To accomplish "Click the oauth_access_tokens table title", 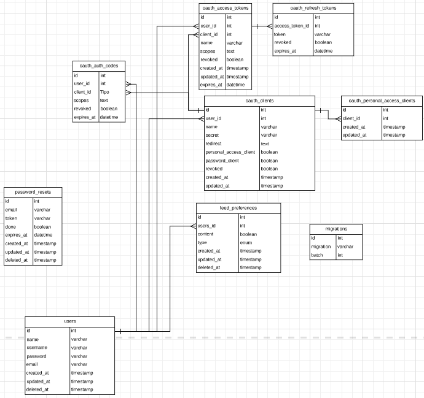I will tap(225, 8).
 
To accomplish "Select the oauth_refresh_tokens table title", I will tap(313, 8).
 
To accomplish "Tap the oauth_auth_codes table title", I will tap(99, 66).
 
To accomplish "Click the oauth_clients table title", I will tap(259, 101).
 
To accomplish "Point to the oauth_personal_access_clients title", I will tap(382, 101).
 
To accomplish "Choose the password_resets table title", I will tap(33, 192).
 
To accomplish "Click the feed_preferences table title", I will tap(238, 208).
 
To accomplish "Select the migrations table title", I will tap(336, 229).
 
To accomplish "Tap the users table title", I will tap(70, 321).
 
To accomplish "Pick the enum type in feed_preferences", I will tap(245, 242).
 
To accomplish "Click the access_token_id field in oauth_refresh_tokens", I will tap(291, 26).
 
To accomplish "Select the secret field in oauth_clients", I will tap(213, 135).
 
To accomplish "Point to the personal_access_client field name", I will tap(230, 151).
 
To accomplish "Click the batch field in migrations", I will tap(317, 255).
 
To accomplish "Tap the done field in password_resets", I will tap(11, 226).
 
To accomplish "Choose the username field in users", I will tap(37, 348).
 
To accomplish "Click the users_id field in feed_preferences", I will tap(206, 226).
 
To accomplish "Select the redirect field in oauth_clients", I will tap(214, 144).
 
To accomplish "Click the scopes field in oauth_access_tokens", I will tap(207, 52).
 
